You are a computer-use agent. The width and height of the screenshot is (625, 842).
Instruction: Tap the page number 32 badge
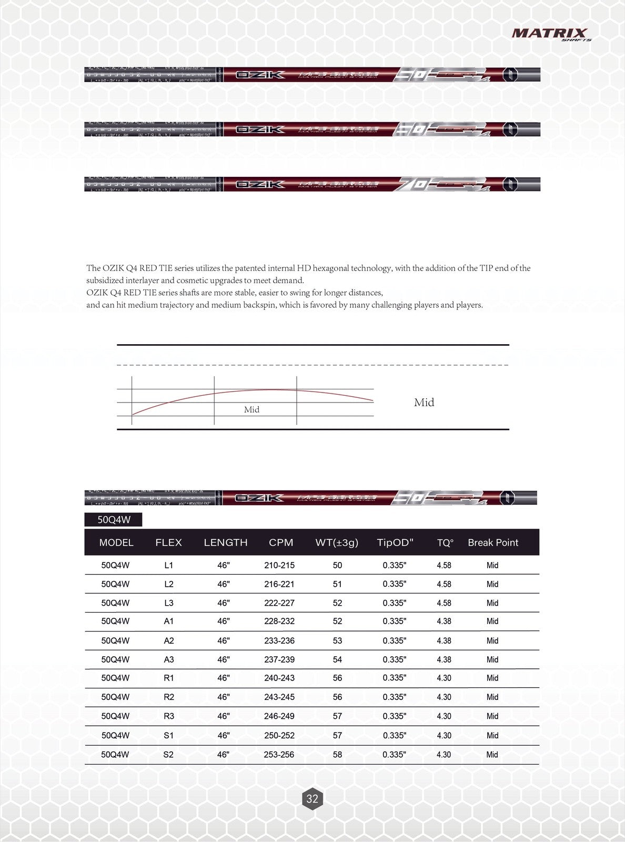pyautogui.click(x=312, y=798)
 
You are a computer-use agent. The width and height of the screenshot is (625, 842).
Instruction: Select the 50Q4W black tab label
pyautogui.click(x=114, y=520)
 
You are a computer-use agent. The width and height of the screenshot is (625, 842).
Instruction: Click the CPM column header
pyautogui.click(x=281, y=543)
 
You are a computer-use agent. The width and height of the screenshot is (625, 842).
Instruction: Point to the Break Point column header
pyautogui.click(x=493, y=543)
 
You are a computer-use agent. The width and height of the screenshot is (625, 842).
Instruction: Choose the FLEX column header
pyautogui.click(x=168, y=543)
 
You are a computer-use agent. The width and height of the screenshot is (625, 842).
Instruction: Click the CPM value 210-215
pyautogui.click(x=279, y=565)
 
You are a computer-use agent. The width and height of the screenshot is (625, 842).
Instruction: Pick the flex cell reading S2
pyautogui.click(x=168, y=755)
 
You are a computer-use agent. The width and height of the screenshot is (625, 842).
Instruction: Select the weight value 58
pyautogui.click(x=337, y=755)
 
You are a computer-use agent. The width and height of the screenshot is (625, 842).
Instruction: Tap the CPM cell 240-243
pyautogui.click(x=279, y=678)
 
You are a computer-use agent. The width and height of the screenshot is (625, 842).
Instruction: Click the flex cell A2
pyautogui.click(x=168, y=640)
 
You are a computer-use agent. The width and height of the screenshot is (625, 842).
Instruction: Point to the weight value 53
pyautogui.click(x=337, y=640)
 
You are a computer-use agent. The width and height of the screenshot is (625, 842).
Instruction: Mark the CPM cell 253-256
pyautogui.click(x=279, y=755)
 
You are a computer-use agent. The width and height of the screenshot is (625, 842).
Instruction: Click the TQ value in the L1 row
pyautogui.click(x=444, y=565)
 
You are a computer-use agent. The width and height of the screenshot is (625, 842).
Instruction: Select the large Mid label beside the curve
pyautogui.click(x=424, y=403)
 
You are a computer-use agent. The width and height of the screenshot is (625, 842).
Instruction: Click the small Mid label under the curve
pyautogui.click(x=251, y=409)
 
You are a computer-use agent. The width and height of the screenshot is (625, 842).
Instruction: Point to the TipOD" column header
pyautogui.click(x=395, y=543)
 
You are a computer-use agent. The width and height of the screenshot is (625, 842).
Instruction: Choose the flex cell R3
pyautogui.click(x=168, y=716)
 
